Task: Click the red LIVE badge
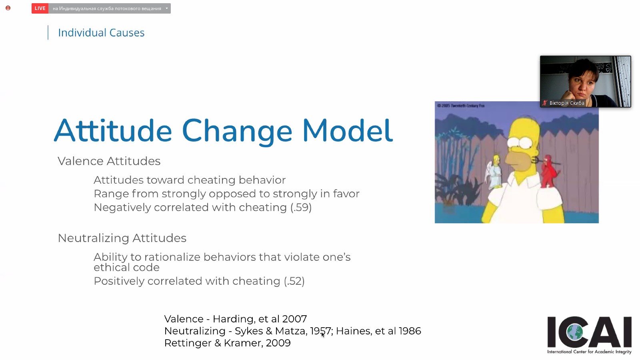40,8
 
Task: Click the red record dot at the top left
8,8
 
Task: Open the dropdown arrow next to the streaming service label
166,8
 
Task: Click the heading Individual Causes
101,32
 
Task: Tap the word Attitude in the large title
113,131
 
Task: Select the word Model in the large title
348,131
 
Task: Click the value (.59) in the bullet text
301,208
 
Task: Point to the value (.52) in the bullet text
294,281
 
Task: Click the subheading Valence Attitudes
109,161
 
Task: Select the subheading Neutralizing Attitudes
122,238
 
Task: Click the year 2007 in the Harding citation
294,319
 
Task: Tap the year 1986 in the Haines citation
410,331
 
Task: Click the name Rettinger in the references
188,343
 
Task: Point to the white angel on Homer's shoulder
494,172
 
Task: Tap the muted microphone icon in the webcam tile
544,103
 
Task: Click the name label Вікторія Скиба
566,103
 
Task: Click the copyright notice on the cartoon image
461,106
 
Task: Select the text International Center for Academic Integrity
589,352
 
